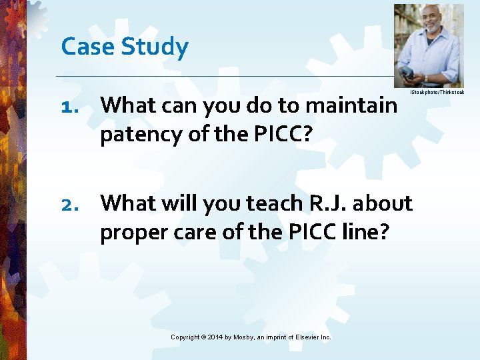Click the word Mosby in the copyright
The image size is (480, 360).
click(x=249, y=337)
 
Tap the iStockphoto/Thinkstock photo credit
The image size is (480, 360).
click(x=437, y=91)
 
